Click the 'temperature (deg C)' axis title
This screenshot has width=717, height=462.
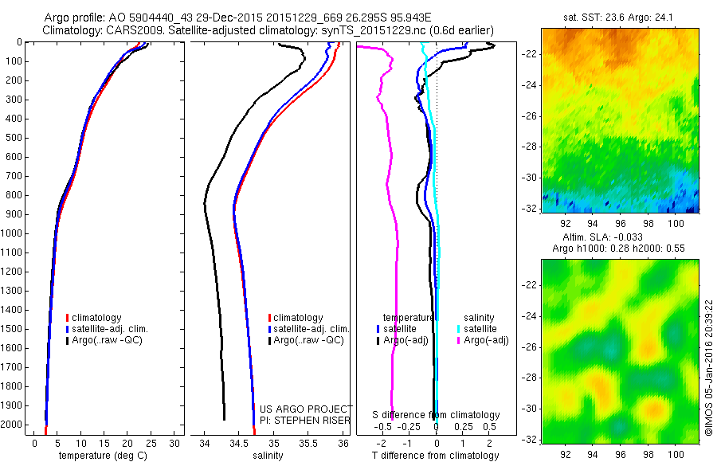pyautogui.click(x=106, y=456)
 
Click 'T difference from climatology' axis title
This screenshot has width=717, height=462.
pyautogui.click(x=436, y=456)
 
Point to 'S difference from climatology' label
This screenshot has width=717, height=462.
pyautogui.click(x=437, y=415)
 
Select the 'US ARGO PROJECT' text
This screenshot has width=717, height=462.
pyautogui.click(x=306, y=409)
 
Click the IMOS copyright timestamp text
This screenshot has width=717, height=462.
pyautogui.click(x=708, y=367)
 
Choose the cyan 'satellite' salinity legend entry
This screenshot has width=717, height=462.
pyautogui.click(x=476, y=328)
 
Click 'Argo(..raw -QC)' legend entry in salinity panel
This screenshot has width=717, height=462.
pyautogui.click(x=308, y=340)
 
